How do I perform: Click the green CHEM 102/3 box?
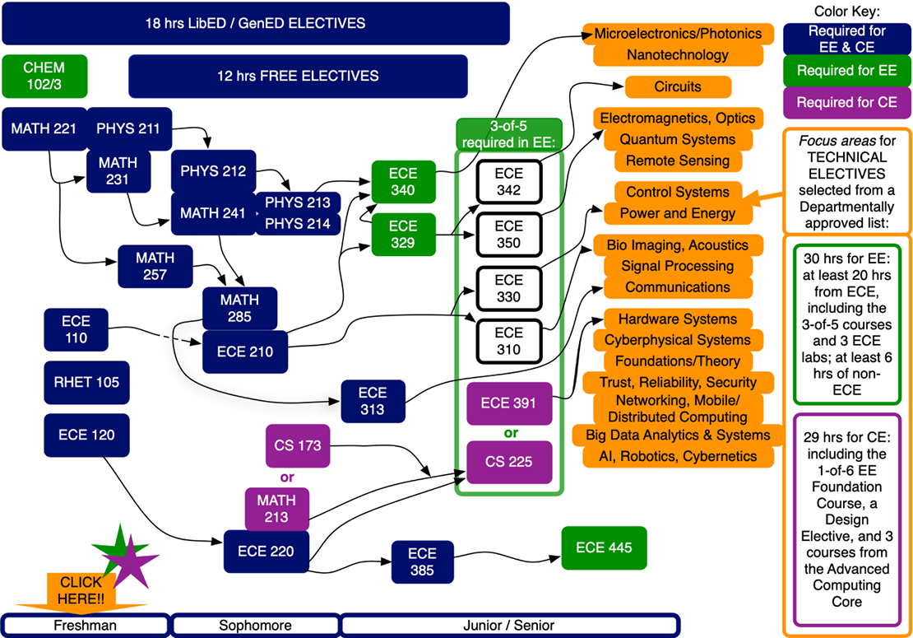[44, 76]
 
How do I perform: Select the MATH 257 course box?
[155, 266]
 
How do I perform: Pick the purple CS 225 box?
[507, 462]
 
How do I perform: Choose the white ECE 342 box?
[509, 182]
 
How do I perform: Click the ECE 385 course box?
[422, 562]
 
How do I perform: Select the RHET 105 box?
[87, 383]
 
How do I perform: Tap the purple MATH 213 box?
[276, 509]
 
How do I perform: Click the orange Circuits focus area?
[678, 86]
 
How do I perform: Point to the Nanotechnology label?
[677, 55]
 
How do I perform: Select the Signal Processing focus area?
[678, 266]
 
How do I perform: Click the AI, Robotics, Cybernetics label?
[678, 456]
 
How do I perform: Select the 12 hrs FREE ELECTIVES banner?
[298, 77]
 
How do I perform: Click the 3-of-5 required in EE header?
[508, 133]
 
